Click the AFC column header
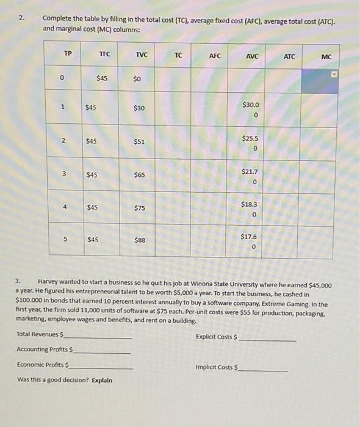[214, 56]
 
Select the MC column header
[326, 57]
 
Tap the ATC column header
[289, 57]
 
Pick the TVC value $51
[139, 142]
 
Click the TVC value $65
[139, 175]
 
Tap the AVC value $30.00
[252, 110]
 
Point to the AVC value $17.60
[252, 242]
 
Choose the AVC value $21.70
[252, 176]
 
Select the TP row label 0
[62, 77]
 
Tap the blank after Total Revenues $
[101, 337]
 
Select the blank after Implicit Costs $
[264, 370]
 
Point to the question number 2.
[22, 18]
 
